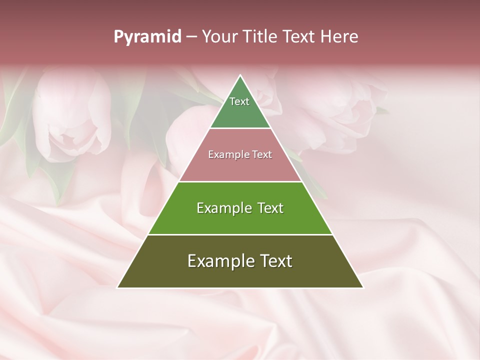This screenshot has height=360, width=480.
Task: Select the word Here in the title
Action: tap(339, 37)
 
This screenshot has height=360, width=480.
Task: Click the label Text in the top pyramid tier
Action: tap(239, 101)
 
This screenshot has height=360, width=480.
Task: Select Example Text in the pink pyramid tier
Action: tap(240, 155)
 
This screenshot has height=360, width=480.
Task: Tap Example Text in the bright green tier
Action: tap(240, 208)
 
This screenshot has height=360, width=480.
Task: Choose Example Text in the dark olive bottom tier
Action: tap(240, 261)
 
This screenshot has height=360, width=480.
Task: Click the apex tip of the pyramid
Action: tap(240, 76)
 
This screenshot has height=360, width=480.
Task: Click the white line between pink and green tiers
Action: tap(240, 181)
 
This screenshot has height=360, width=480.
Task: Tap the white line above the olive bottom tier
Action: tap(240, 234)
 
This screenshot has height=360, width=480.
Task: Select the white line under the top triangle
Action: tap(240, 128)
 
